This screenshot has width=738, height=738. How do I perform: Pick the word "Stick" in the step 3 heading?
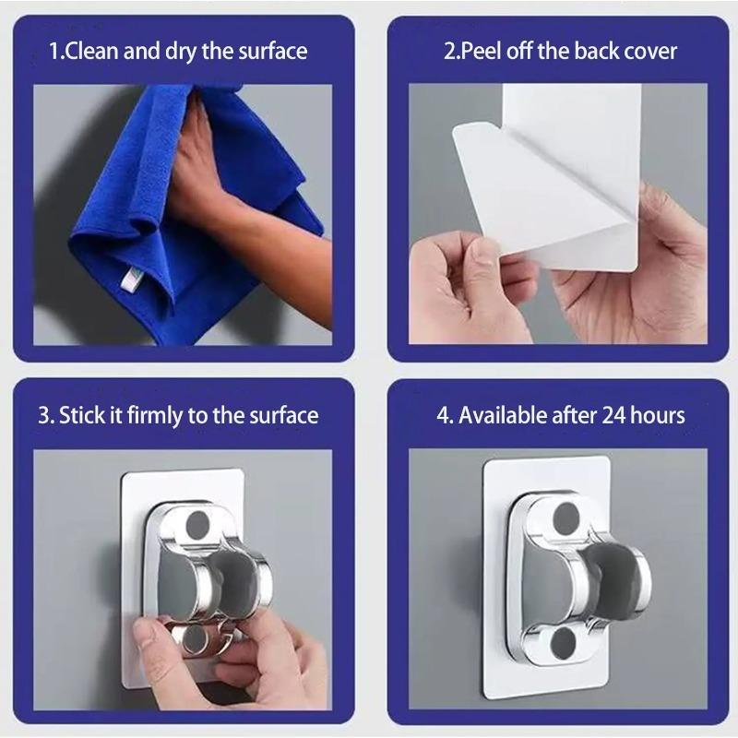81,415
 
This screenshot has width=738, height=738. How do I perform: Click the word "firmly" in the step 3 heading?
153,415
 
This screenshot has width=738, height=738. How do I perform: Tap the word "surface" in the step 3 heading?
284,415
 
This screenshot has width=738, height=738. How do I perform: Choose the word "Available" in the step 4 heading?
504,415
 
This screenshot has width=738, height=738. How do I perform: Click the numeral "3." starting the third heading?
46,415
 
